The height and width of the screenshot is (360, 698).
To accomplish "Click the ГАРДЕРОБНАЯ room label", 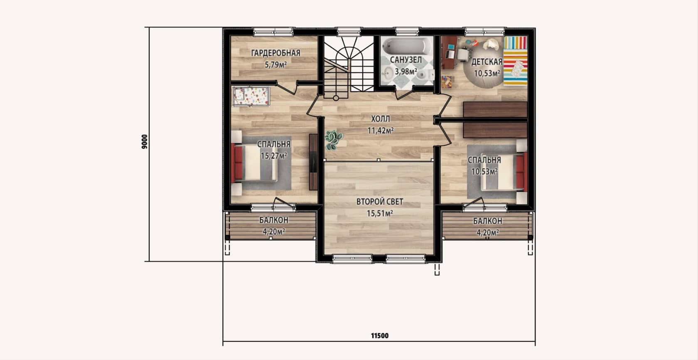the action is pos(276,53).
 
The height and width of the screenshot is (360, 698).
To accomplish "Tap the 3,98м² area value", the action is pos(406,72).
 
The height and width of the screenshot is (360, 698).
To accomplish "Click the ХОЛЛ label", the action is pos(380,119).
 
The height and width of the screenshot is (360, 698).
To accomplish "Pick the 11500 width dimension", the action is pos(380,336).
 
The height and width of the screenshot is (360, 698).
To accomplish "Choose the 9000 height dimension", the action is pos(145,142).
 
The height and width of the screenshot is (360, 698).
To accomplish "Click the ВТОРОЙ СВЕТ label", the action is pos(380,202).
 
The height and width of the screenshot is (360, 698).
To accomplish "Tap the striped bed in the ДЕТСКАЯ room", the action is pos(515,61).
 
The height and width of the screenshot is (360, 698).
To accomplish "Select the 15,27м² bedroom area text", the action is pos(274,155).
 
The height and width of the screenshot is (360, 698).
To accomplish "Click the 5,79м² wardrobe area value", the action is pos(276,65).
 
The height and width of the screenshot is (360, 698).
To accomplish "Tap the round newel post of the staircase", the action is pos(336,98).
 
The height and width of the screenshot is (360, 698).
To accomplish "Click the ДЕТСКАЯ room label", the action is pos(487,62).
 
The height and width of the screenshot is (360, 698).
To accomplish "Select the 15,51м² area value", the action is pos(380,214).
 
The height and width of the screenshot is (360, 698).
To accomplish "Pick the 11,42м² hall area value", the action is pos(380,130).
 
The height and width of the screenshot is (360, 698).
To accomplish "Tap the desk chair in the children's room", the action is pos(463,54).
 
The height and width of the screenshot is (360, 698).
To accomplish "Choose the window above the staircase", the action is pos(349,31).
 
